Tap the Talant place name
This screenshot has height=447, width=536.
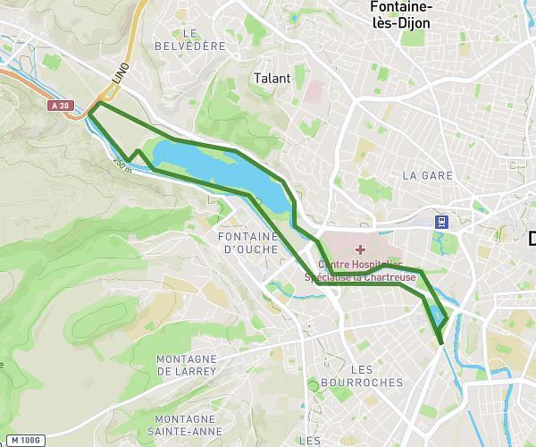pos(272,78)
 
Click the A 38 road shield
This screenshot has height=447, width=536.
pos(60,105)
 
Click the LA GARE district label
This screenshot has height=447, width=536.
pos(425,174)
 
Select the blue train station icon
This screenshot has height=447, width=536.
pos(441,221)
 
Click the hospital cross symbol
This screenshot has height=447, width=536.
pos(360,249)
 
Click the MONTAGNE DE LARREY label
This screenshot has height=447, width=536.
pos(186,364)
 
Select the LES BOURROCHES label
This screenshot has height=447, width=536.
pos(374,375)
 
